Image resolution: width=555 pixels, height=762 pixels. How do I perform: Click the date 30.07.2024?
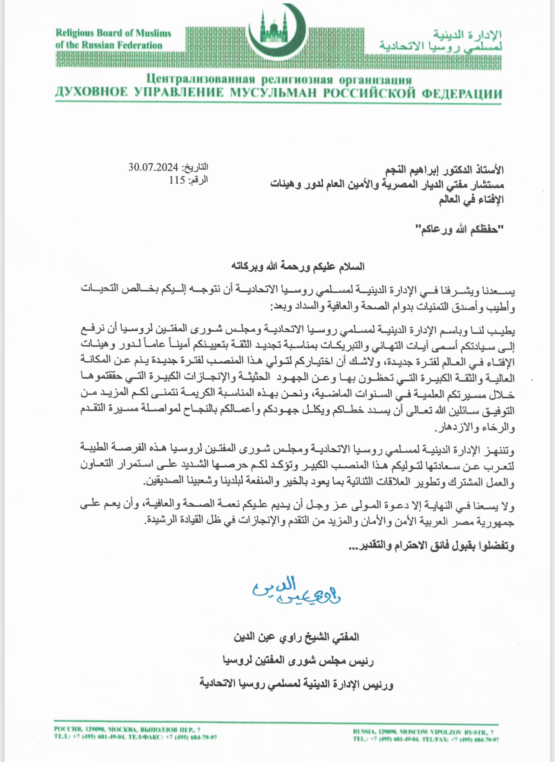(153, 167)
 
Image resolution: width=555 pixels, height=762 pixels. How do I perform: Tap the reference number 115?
(177, 180)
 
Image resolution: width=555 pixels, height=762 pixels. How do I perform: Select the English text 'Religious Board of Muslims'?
(113, 33)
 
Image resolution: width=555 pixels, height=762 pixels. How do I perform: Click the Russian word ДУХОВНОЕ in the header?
(92, 93)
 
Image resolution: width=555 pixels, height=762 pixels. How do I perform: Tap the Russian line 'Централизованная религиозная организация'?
(279, 79)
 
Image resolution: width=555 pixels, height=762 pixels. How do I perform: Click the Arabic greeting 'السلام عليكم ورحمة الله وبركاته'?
(298, 266)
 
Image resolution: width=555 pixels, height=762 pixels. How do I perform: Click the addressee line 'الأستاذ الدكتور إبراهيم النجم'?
(445, 170)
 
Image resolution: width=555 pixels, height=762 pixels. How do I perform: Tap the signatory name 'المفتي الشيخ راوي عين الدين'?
(296, 637)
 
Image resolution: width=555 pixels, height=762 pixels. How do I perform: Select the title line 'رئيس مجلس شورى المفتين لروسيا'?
(298, 661)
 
